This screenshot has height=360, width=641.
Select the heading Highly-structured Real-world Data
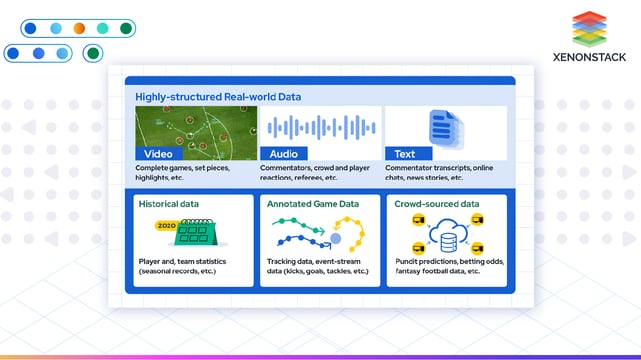[x=218, y=97]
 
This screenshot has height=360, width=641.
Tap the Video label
[x=158, y=154]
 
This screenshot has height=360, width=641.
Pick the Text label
[x=404, y=154]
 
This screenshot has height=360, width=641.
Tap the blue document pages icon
[x=442, y=128]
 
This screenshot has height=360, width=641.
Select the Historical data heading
[x=169, y=204]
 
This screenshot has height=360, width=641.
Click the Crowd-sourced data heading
[x=436, y=204]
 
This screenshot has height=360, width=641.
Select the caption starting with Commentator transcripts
[x=445, y=173]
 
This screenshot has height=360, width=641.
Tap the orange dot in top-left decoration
[x=80, y=28]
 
